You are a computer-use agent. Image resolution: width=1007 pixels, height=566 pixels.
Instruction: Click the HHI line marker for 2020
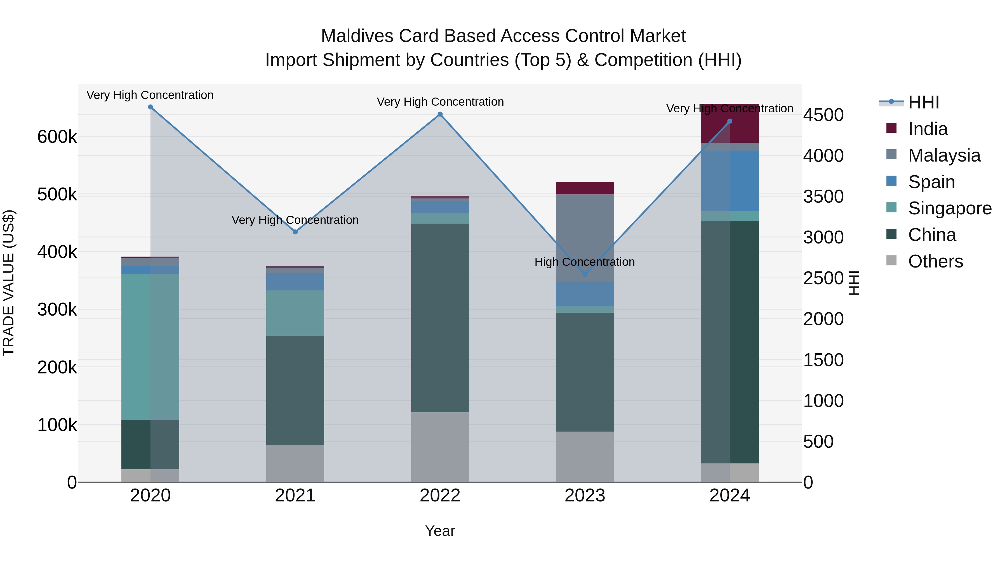click(150, 107)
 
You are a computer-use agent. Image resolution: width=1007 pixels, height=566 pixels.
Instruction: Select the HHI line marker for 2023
click(585, 274)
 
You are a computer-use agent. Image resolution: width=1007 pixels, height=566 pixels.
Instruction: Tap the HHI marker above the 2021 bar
click(295, 232)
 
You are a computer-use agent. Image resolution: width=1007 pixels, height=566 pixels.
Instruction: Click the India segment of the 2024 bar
click(730, 124)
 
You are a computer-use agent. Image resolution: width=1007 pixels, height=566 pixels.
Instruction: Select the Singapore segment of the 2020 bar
click(150, 347)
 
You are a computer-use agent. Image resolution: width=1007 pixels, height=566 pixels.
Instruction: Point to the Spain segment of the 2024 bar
click(730, 181)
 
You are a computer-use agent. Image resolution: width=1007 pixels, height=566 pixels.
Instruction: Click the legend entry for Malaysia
click(944, 155)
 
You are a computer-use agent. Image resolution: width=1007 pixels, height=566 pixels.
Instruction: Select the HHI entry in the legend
click(923, 102)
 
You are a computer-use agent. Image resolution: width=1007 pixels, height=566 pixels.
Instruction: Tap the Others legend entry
click(935, 261)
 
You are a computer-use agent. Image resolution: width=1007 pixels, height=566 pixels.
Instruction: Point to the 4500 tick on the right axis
click(823, 115)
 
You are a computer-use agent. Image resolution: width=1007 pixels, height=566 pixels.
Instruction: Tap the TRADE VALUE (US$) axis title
click(9, 283)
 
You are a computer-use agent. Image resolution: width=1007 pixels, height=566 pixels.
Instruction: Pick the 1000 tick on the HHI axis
click(823, 401)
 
